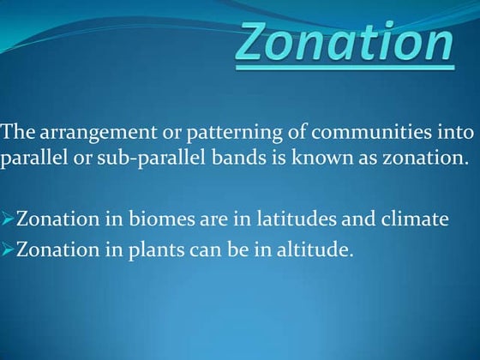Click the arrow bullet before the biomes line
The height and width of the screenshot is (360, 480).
(x=8, y=219)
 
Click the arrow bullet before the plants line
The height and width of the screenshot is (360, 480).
(x=8, y=250)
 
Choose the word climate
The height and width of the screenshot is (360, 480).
(x=413, y=219)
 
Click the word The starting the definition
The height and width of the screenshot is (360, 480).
(x=16, y=132)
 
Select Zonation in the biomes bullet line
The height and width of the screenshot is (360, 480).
(x=51, y=219)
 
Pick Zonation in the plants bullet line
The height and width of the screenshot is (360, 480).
(x=51, y=250)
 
